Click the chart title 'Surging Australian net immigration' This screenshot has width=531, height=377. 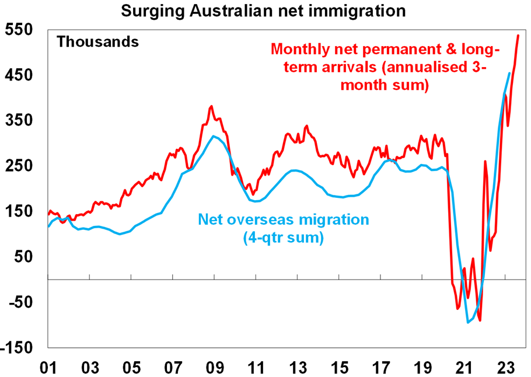(265, 11)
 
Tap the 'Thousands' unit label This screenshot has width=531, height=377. (97, 42)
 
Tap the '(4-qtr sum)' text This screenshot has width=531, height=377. (284, 238)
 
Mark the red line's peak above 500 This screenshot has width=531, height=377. (518, 36)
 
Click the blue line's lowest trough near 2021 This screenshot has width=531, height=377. (468, 322)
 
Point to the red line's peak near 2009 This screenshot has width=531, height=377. (211, 106)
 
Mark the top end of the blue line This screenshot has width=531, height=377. (510, 73)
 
